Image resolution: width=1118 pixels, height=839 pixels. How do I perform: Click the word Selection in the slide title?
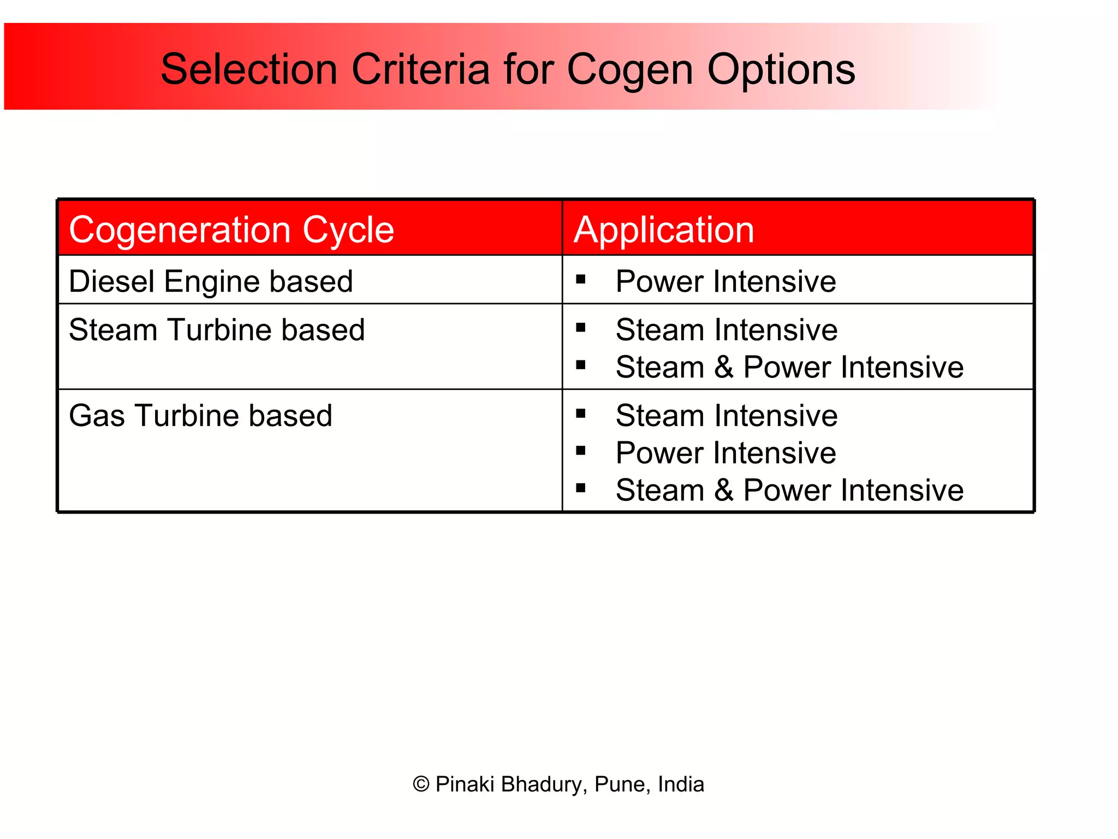coord(249,69)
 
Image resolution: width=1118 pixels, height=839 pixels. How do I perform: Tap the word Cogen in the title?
coord(630,69)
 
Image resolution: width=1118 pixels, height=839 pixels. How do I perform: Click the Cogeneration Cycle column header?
coord(231,229)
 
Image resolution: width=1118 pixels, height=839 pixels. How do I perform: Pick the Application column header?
coord(664,229)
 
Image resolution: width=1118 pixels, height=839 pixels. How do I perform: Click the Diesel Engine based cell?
coord(211,282)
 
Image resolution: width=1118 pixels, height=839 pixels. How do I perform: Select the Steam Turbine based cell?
coord(217,330)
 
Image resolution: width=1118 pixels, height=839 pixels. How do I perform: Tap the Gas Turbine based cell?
coord(200,416)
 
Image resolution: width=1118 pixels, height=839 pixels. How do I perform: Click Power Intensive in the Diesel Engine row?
coord(725,282)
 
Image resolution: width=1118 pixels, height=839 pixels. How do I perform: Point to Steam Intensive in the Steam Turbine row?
coord(726,330)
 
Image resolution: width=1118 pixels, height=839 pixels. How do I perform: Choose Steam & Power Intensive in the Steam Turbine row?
coord(789,367)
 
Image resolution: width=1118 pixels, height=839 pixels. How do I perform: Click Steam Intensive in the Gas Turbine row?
coord(726,416)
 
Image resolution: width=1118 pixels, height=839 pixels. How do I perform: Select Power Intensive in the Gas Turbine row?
coord(725,453)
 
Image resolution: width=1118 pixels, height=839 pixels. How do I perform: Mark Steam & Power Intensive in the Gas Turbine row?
coord(789,490)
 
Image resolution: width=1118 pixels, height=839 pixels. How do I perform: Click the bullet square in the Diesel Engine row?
coord(580,280)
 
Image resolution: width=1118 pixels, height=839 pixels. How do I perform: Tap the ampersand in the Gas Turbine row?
coord(724,490)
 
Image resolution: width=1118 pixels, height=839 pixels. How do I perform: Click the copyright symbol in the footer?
coord(421,784)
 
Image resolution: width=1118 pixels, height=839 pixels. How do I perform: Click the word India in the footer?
coord(681,784)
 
